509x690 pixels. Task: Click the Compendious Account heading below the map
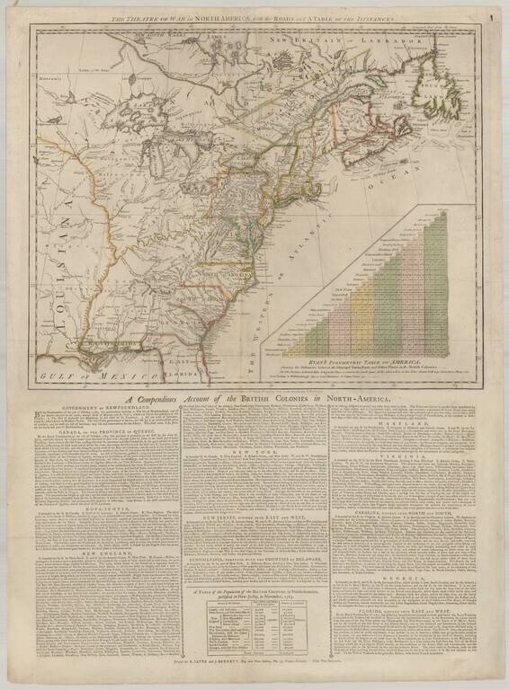click(254, 376)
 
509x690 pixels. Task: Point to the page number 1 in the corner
click(492, 16)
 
